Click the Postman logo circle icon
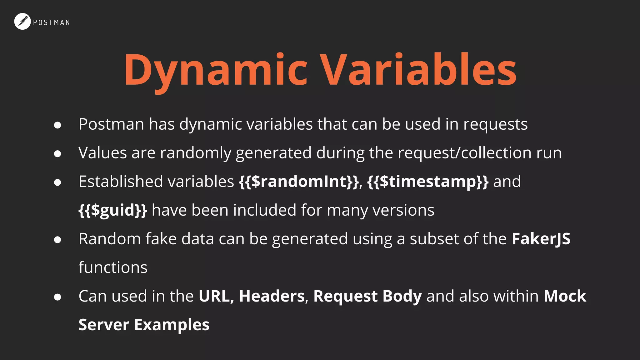[22, 22]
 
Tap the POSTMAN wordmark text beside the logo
[52, 22]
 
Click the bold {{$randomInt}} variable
[299, 182]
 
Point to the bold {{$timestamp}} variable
[428, 182]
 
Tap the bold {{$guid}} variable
[113, 210]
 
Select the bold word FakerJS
[541, 239]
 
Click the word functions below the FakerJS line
[113, 267]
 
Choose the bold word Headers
[272, 296]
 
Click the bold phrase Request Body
[367, 296]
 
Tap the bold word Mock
[565, 296]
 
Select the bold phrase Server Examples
[144, 325]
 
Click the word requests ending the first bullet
[495, 125]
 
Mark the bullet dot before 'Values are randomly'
[57, 154]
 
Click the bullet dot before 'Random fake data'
[57, 240]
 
